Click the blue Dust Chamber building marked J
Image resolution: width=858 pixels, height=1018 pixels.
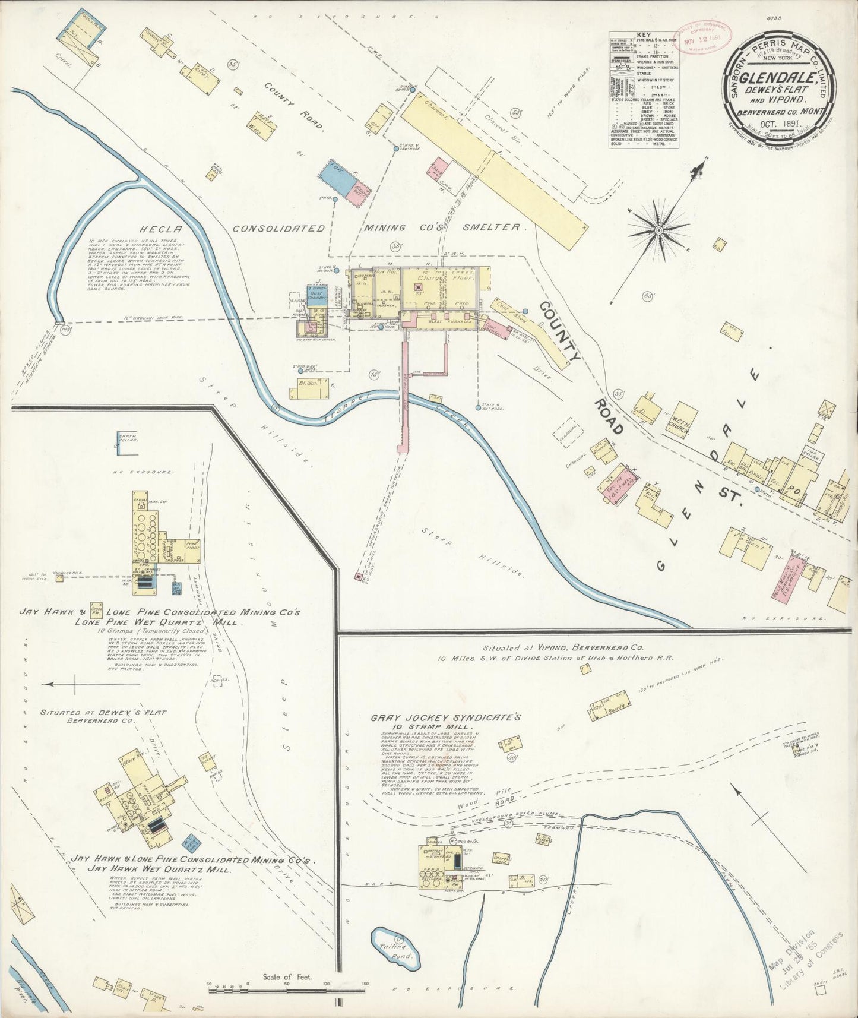316,296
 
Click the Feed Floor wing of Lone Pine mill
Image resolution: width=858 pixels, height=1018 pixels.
192,545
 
